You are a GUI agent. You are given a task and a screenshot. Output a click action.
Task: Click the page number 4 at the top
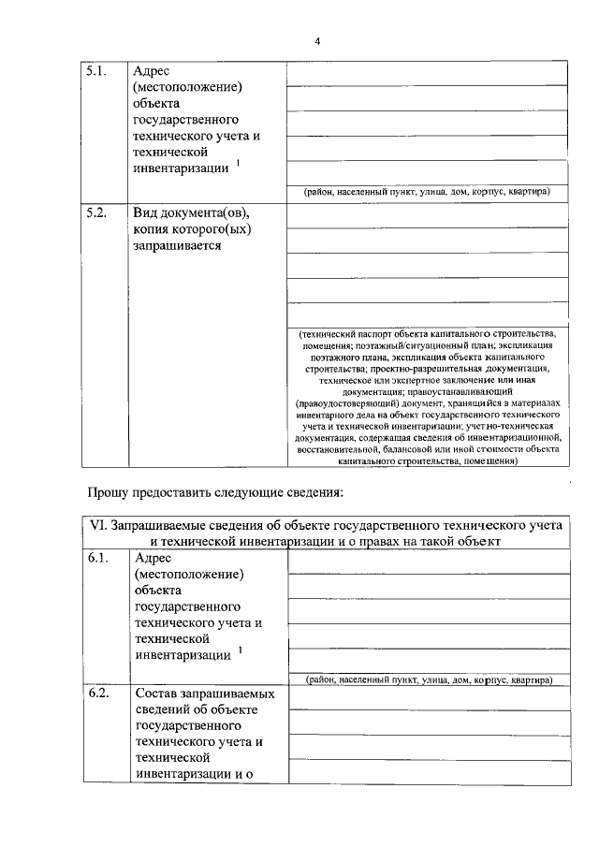tap(317, 42)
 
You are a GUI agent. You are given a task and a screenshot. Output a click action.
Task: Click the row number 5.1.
tap(98, 71)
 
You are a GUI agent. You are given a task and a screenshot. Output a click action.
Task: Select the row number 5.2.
tap(98, 212)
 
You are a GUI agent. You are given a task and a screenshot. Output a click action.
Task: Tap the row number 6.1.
tap(98, 559)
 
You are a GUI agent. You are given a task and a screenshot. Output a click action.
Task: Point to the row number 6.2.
tap(98, 695)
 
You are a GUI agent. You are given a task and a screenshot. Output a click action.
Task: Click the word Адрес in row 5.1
tap(152, 71)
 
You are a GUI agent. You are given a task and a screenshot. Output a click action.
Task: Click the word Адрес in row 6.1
tap(153, 559)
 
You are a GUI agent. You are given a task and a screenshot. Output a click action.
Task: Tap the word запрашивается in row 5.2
tap(178, 245)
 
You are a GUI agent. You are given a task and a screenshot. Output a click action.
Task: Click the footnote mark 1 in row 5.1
tap(238, 163)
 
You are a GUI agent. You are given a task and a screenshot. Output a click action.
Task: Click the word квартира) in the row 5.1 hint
tap(527, 192)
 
